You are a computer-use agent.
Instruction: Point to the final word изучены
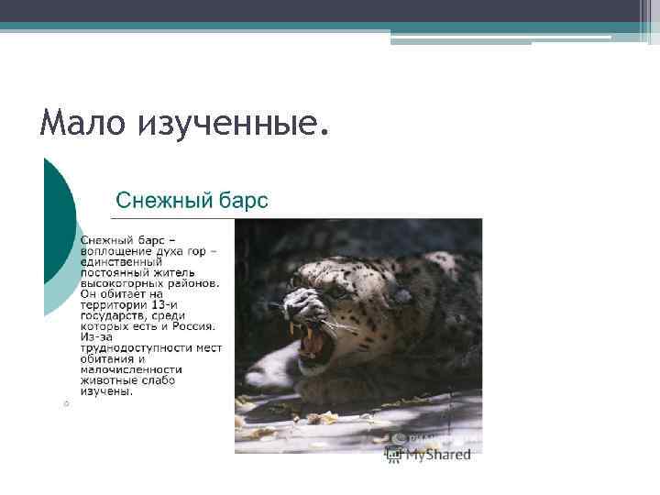[x=106, y=390]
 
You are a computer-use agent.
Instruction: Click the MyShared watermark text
[x=438, y=454]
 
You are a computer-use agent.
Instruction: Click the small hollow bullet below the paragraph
[x=66, y=404]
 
